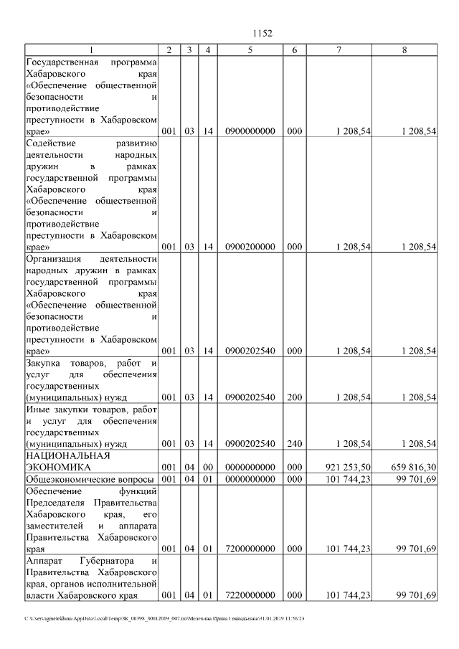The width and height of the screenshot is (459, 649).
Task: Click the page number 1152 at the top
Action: click(263, 33)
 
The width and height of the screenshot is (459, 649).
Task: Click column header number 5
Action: click(250, 49)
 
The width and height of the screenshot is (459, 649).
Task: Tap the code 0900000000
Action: click(250, 132)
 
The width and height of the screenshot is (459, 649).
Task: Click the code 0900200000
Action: click(250, 247)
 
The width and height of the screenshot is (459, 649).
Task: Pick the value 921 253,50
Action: click(348, 467)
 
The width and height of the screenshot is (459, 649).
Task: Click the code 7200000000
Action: click(250, 549)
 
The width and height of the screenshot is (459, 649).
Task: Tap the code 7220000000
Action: click(250, 595)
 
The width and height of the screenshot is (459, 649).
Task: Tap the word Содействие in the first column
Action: click(49, 143)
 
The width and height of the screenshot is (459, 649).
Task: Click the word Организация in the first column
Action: click(54, 258)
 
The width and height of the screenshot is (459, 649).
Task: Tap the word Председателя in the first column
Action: click(57, 502)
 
